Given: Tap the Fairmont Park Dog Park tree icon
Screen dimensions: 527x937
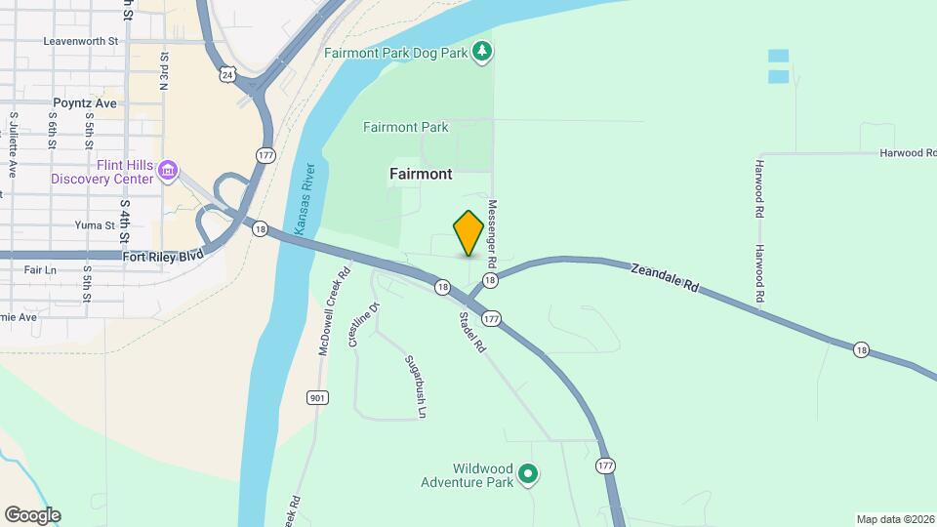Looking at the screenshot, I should tap(481, 50).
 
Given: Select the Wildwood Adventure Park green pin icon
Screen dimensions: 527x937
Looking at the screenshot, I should tap(528, 475).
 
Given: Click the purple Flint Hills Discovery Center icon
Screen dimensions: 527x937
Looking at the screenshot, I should tap(168, 171).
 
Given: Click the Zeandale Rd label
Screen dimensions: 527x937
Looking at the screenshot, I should tap(666, 278).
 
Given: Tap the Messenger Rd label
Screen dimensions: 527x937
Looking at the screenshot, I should tap(493, 235).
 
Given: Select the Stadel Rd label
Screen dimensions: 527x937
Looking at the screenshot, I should tap(472, 332).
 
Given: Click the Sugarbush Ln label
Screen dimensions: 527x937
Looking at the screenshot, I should tap(416, 386).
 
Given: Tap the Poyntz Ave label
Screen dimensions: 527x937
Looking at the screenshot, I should tap(85, 102).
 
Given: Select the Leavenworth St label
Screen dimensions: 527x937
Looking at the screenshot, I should tap(81, 42).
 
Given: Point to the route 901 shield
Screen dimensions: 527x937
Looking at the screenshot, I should tap(315, 397).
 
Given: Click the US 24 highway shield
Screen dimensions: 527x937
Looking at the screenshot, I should tap(227, 73).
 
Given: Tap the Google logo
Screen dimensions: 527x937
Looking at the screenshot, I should tap(32, 515).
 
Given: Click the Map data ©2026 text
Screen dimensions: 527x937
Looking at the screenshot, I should tap(894, 519).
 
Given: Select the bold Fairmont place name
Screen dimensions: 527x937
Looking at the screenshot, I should tap(421, 174).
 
